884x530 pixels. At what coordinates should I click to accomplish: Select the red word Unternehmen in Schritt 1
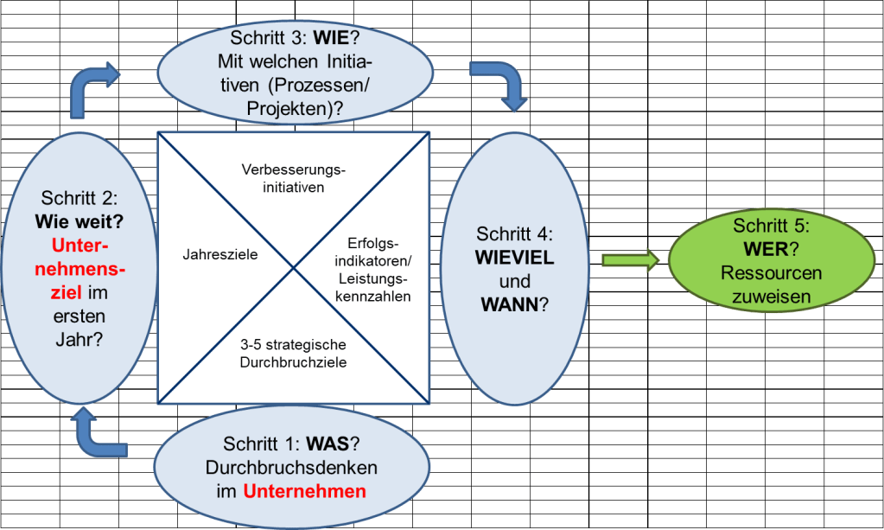tap(304, 492)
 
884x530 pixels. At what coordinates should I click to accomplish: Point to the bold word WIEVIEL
tap(515, 258)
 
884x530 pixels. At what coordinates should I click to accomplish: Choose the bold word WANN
tap(511, 304)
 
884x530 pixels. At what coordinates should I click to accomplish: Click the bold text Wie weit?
tap(79, 221)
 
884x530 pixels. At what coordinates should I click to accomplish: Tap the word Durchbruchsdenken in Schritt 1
tap(292, 468)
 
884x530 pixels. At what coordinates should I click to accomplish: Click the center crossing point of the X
tap(294, 267)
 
